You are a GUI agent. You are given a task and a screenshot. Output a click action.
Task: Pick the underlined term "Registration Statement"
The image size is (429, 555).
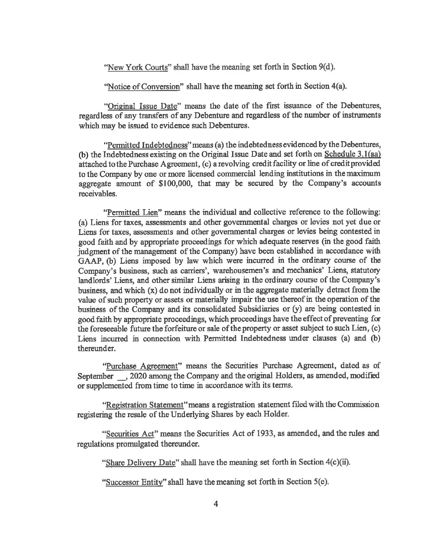[x=144, y=405]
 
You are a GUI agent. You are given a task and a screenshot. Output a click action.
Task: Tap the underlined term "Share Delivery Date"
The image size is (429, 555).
[x=140, y=462]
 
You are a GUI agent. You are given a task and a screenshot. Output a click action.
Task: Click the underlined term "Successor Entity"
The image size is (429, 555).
[x=134, y=482]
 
